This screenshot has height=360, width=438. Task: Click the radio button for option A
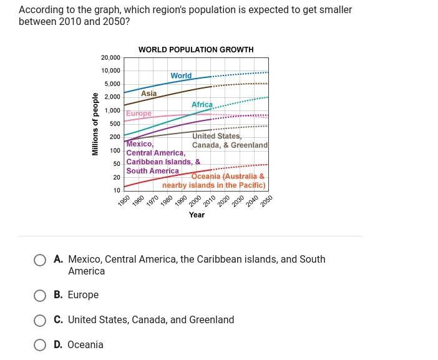coord(40,260)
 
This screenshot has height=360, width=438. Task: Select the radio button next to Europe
coord(40,296)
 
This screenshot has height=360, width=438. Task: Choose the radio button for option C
coord(40,321)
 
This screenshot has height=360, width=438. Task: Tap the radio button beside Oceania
coord(40,345)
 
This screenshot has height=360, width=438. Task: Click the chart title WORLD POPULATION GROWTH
coord(196,49)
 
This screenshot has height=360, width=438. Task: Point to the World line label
coord(181,75)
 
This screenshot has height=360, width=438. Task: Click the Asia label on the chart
coord(148,94)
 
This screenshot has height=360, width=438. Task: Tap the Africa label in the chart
coord(202,105)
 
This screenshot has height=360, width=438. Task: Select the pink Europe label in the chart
coord(139,114)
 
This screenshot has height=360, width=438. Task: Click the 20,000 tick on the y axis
coord(110,57)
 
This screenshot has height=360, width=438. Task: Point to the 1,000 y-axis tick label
coord(112,110)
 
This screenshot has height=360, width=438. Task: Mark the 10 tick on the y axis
coord(117,190)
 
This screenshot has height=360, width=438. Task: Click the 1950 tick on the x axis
coord(124,201)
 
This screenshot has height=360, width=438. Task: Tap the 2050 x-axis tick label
coord(266,201)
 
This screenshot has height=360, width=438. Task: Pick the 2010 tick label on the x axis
coord(209,201)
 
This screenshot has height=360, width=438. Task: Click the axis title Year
coord(197,215)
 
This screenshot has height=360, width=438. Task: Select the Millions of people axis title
coord(95,124)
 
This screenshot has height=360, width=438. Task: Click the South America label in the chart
coord(152,171)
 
